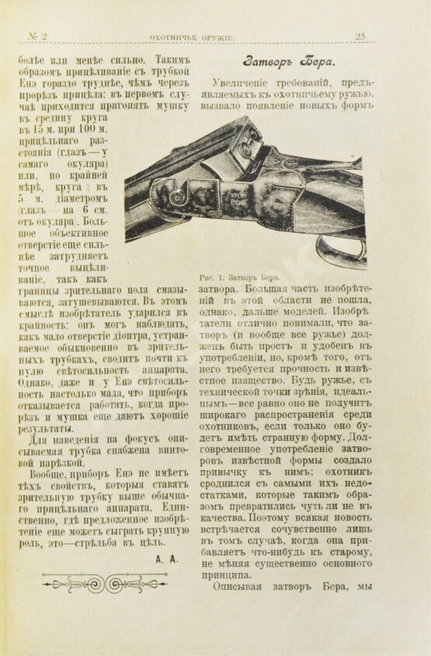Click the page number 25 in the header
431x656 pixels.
coord(360,36)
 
